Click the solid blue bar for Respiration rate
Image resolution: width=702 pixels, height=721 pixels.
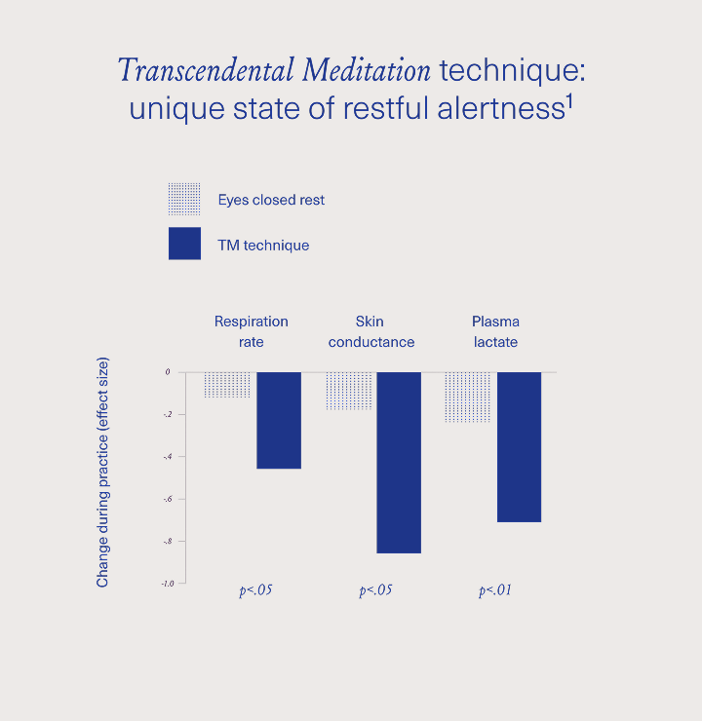point(279,420)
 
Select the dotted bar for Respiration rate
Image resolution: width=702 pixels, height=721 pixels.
point(228,385)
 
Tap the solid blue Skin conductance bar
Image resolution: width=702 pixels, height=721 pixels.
point(399,462)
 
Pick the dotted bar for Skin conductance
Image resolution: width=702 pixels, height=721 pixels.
point(349,391)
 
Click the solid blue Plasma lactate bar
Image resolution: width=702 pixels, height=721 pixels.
point(519,446)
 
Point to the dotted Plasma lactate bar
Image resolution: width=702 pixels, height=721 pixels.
point(468,397)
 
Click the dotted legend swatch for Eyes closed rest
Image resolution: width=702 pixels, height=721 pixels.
point(184,199)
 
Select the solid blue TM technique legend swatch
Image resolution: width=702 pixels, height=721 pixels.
point(184,244)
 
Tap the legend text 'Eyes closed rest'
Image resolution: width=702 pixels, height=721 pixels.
point(271,200)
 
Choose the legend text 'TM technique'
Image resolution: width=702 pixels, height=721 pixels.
point(263,245)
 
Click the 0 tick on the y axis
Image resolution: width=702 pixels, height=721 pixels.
point(168,372)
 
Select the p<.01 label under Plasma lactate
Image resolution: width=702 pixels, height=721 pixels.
point(495,590)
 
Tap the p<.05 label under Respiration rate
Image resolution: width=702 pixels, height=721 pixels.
point(255,590)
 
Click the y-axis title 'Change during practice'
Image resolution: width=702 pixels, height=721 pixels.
point(102,473)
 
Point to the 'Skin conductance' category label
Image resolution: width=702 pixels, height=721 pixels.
point(370,331)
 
